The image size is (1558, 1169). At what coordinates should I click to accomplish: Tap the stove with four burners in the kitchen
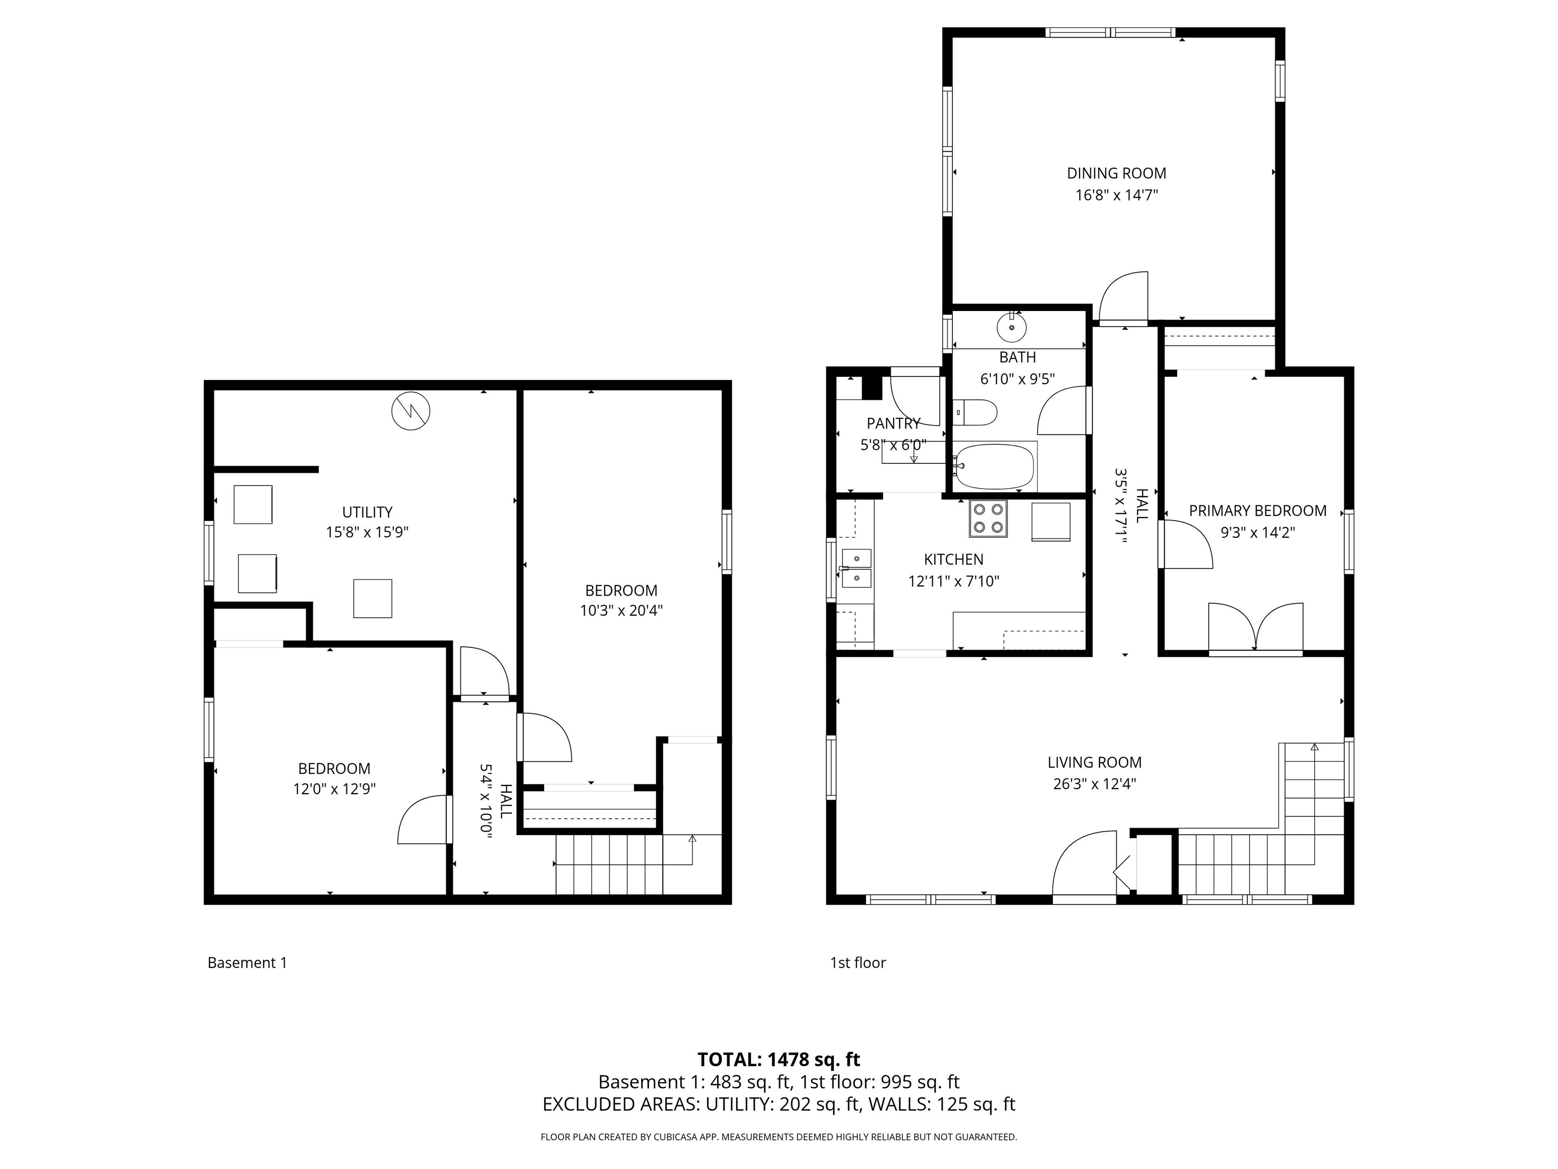click(x=987, y=518)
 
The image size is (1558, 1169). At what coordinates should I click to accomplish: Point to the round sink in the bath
click(x=1011, y=328)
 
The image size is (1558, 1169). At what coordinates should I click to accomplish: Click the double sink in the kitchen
click(x=856, y=568)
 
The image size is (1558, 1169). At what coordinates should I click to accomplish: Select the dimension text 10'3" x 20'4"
click(x=621, y=610)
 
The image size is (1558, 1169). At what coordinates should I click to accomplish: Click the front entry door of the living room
click(x=1085, y=867)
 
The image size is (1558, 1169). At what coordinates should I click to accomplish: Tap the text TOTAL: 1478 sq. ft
click(x=778, y=1059)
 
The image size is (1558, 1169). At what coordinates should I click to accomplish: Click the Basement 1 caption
click(x=247, y=962)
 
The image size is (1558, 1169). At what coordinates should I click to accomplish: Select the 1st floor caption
click(x=857, y=962)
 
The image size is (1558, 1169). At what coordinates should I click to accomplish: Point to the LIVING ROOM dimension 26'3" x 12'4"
click(x=1094, y=783)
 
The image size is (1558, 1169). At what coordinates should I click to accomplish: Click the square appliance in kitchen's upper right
click(x=1051, y=522)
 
